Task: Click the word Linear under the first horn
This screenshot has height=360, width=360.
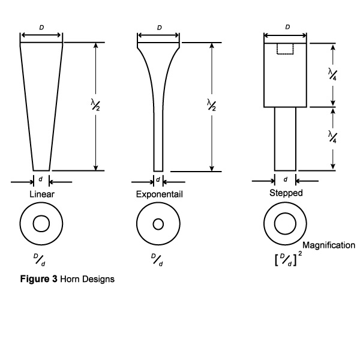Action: [41, 195]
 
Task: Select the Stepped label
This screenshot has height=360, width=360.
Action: [286, 193]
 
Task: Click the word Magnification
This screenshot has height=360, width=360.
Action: [329, 245]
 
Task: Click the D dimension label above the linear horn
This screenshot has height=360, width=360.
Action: [41, 28]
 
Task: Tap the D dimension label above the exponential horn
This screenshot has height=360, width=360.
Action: [159, 28]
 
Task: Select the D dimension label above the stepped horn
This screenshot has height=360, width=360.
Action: [287, 28]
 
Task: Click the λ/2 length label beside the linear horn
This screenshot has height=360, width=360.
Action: [94, 105]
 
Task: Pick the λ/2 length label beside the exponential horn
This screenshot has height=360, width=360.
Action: [211, 105]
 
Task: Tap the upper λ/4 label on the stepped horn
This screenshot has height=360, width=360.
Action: [332, 74]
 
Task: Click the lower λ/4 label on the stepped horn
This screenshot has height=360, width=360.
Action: [332, 136]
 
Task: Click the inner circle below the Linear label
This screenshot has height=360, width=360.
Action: [41, 224]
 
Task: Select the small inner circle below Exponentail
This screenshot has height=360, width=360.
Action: [158, 224]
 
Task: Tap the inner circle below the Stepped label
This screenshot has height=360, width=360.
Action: [285, 224]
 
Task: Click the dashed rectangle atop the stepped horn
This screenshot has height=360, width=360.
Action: [285, 49]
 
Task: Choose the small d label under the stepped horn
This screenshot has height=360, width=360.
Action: [285, 179]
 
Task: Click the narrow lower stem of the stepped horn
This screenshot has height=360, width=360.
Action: [285, 138]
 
